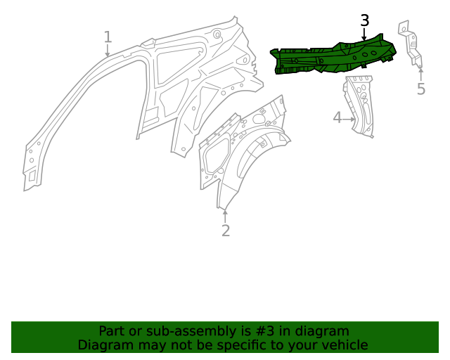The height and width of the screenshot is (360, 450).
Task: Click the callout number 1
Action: coord(108,37)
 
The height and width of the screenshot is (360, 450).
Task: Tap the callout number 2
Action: coord(225,231)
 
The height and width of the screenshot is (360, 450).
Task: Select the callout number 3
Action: coord(364,20)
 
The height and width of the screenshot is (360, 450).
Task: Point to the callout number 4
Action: coord(337,117)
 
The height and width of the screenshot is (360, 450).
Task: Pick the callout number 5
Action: coord(420,89)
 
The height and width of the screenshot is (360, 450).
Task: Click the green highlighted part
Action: coord(330,56)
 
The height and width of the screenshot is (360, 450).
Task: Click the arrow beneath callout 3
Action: coord(364,34)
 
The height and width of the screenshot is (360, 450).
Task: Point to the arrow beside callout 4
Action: coord(349,119)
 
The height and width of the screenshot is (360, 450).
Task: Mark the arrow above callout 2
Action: coord(225,214)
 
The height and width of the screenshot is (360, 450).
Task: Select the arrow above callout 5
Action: coord(420,73)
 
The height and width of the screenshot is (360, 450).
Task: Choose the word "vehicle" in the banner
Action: coord(342,345)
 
